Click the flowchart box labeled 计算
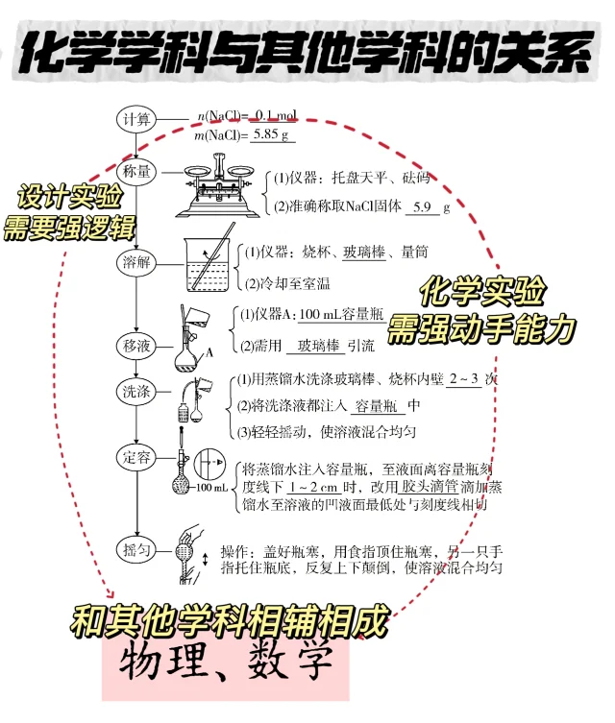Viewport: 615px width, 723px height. point(135,119)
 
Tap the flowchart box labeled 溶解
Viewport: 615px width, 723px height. point(135,261)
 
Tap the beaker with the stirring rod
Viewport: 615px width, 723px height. point(207,261)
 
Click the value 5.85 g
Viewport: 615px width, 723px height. point(271,135)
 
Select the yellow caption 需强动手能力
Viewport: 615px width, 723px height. point(480,330)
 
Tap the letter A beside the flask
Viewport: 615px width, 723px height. point(209,353)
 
